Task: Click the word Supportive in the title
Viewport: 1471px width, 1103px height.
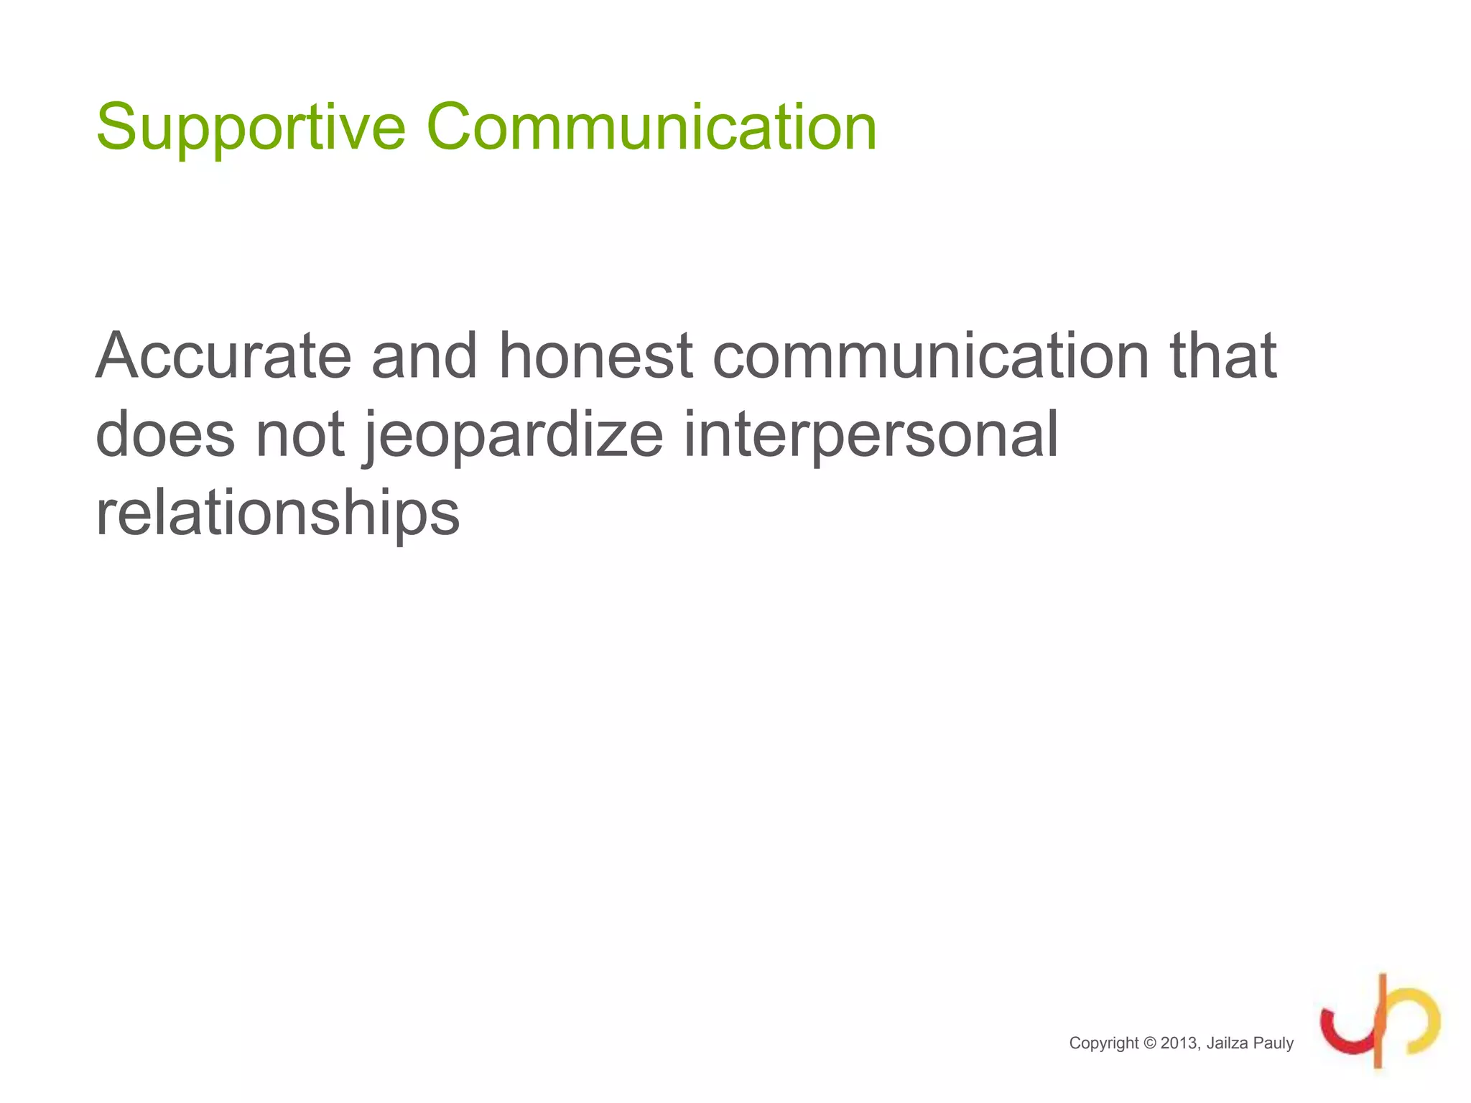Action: tap(251, 128)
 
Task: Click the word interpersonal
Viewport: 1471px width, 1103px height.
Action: tap(871, 435)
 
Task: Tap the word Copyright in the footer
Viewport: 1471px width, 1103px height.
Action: tap(1103, 1043)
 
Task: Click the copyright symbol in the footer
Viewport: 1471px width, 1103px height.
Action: tap(1149, 1043)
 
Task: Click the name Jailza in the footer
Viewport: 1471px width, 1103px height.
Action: tap(1227, 1043)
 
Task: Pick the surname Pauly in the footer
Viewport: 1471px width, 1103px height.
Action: tap(1273, 1043)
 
